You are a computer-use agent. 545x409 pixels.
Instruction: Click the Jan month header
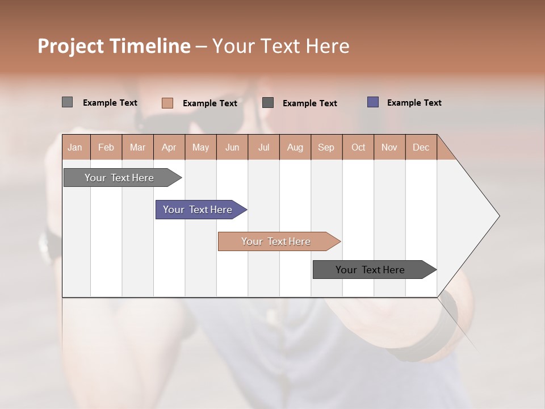(x=75, y=147)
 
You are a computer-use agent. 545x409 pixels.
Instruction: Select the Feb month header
(x=106, y=147)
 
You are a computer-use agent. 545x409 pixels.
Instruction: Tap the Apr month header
(x=169, y=147)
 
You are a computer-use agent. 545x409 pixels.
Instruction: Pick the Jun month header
(x=232, y=147)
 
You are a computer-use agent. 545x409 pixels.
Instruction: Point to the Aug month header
(x=295, y=147)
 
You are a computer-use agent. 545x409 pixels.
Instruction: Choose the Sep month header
(x=326, y=147)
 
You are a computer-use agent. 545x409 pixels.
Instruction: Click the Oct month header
(x=358, y=147)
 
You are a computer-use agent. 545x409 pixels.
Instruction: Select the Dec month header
(x=421, y=147)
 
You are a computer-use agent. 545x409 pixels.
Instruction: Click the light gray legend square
(x=67, y=102)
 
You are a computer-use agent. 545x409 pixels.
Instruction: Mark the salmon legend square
(x=167, y=103)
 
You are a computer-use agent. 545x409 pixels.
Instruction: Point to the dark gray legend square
(x=268, y=102)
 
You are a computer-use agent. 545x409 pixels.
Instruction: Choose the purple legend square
(x=373, y=102)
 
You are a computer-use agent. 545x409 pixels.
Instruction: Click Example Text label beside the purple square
(x=414, y=103)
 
